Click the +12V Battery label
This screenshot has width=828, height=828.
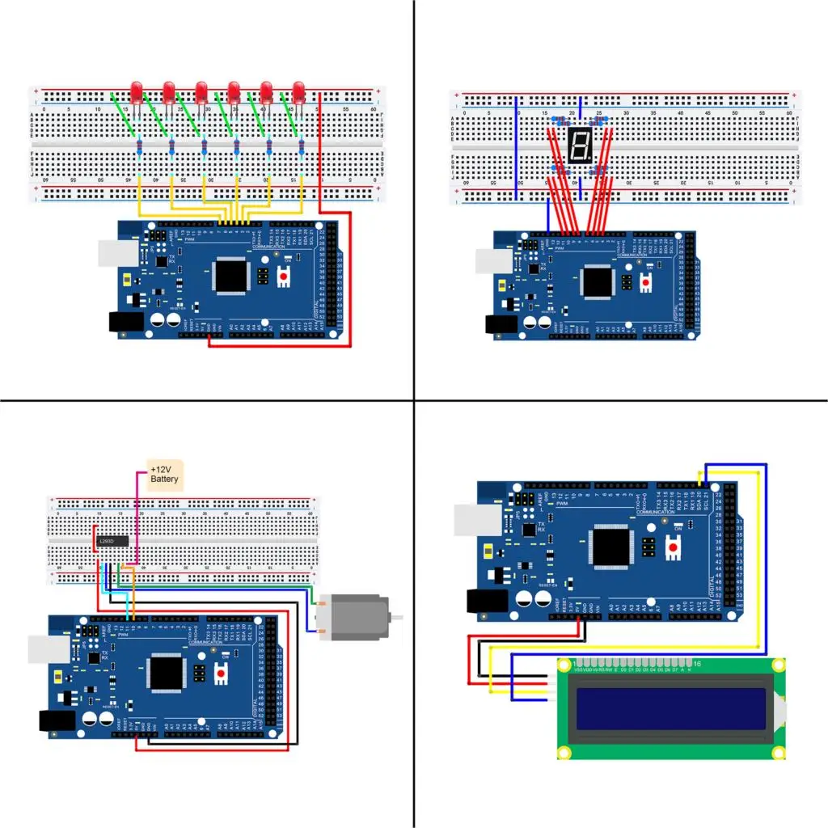(165, 475)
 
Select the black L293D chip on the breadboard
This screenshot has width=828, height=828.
(111, 540)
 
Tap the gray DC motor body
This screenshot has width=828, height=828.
(349, 618)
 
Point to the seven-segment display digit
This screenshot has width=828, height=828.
(578, 146)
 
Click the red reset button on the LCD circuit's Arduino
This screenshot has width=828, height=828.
(673, 547)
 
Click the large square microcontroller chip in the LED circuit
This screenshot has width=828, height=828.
(231, 276)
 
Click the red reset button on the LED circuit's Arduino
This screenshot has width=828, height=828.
(285, 276)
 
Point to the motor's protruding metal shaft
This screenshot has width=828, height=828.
(395, 617)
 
